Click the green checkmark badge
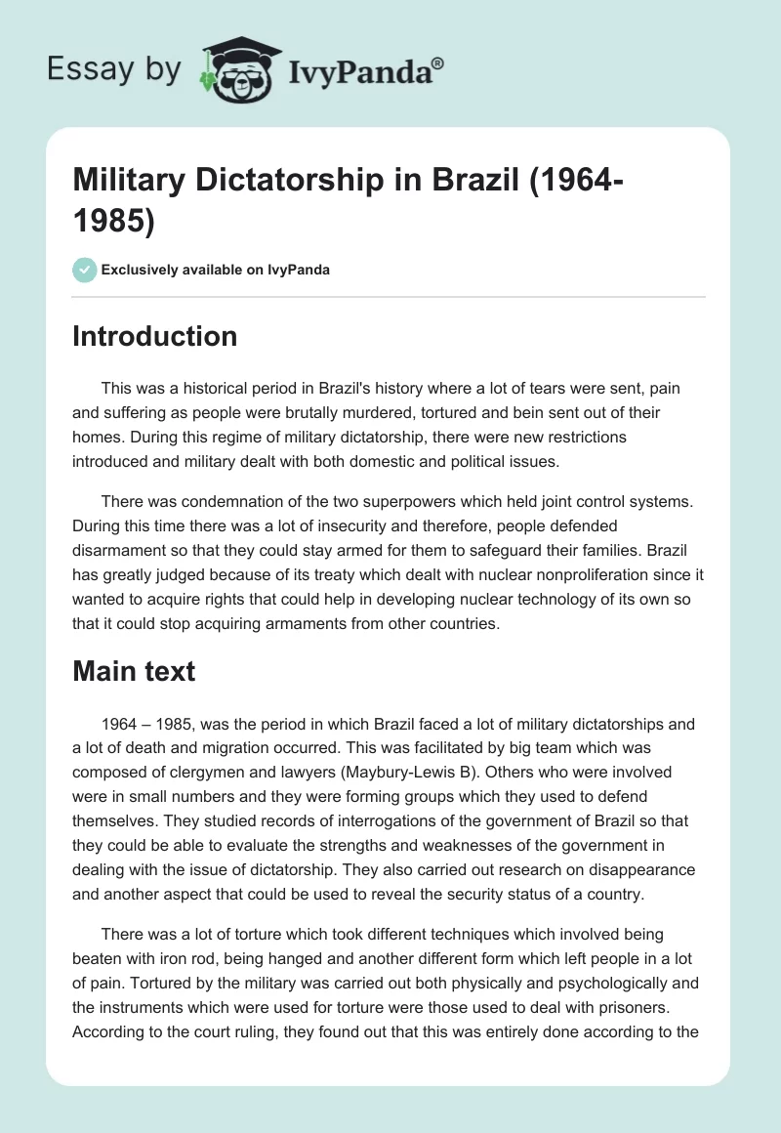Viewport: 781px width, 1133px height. coord(85,270)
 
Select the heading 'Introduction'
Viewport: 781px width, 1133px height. coord(155,336)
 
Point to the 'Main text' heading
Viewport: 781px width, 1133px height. coord(135,671)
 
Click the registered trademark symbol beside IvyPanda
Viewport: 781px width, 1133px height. coord(439,63)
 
